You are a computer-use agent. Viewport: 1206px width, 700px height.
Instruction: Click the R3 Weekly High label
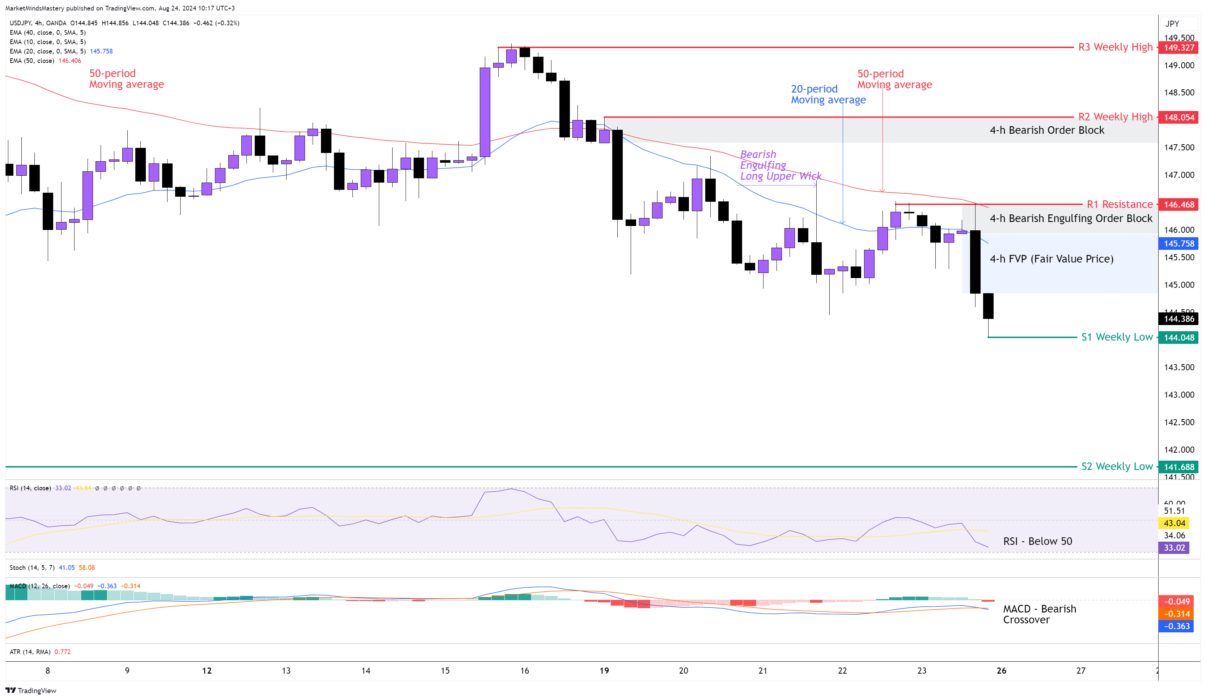1115,47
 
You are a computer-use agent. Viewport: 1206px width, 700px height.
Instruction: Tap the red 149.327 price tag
1179,47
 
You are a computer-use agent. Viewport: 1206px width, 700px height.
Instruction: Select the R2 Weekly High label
1115,117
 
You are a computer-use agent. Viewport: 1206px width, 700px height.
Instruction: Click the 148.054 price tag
1179,117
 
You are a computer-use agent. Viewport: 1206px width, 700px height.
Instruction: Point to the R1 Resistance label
1120,204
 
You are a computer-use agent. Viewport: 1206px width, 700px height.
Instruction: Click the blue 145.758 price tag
1179,243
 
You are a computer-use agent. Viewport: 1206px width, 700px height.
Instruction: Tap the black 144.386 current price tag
1179,319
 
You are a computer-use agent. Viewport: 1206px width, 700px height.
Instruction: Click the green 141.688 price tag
1179,467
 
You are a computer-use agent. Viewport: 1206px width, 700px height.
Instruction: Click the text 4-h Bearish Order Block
1047,130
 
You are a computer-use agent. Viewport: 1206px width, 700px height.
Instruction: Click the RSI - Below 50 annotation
1037,541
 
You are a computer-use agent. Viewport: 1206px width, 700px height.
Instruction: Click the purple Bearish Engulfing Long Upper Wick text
780,165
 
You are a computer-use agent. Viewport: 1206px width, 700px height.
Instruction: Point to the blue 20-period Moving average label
828,94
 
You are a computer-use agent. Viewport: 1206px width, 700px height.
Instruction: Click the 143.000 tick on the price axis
1179,394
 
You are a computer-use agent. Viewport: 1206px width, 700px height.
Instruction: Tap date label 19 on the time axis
604,670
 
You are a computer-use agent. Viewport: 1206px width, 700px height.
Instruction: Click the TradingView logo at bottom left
31,691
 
